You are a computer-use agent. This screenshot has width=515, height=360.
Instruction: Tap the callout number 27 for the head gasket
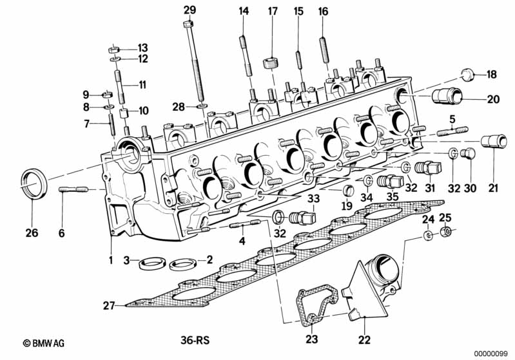click(109, 305)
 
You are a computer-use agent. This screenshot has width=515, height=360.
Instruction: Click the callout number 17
click(273, 11)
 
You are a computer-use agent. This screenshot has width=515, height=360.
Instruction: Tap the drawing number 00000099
click(492, 353)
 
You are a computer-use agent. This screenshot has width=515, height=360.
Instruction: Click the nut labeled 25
click(445, 232)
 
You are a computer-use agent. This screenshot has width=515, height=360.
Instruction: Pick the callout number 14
click(244, 11)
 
